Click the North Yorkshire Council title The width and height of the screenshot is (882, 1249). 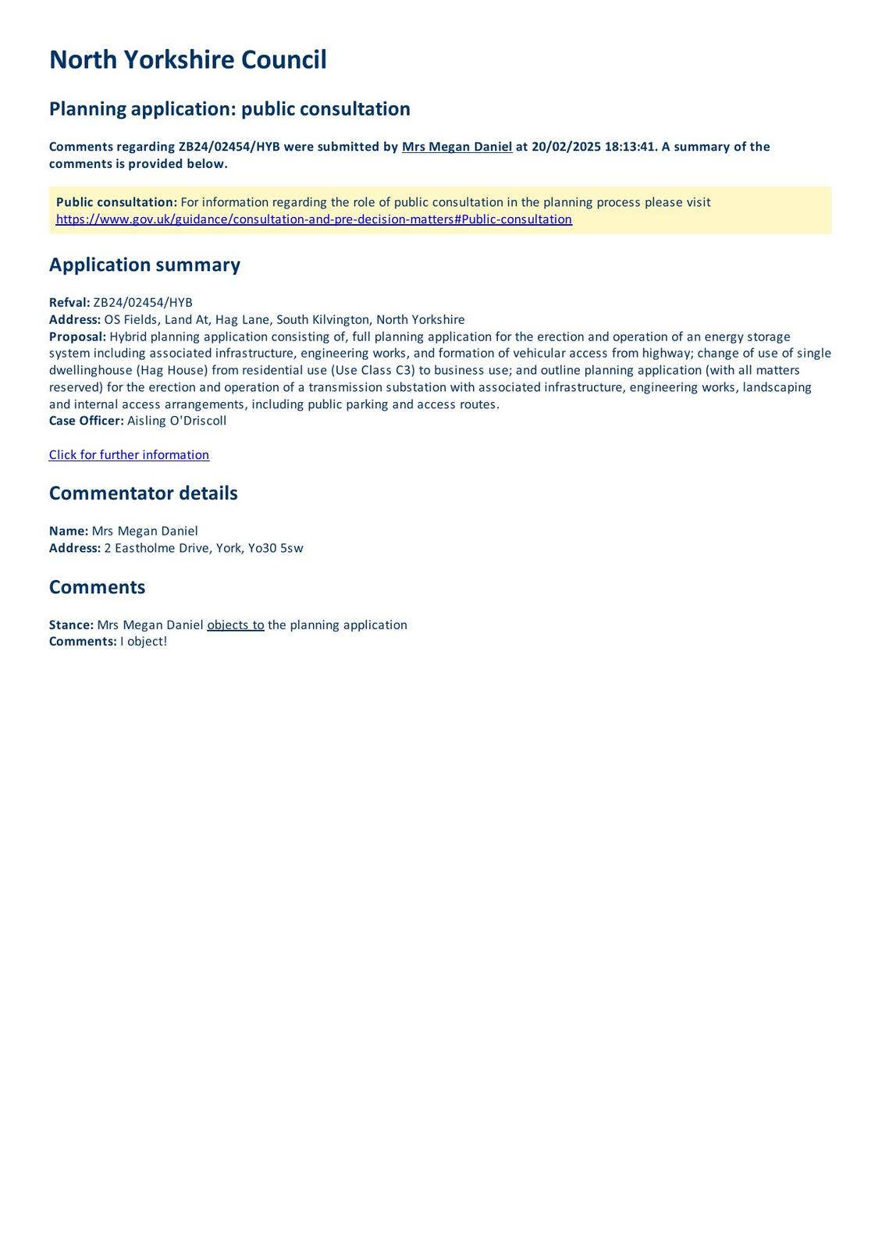[187, 60]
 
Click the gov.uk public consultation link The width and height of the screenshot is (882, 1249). [314, 219]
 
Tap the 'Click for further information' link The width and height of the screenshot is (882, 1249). [129, 455]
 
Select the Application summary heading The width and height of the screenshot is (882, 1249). [144, 265]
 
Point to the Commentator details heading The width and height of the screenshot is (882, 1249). [143, 493]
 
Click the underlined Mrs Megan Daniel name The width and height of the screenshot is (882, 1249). [457, 147]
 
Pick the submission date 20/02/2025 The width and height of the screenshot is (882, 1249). [566, 147]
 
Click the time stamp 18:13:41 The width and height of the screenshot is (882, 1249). [630, 147]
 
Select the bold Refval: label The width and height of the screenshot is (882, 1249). [69, 303]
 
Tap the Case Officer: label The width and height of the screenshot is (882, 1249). [86, 421]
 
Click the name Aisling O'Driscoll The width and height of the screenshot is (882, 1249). [176, 421]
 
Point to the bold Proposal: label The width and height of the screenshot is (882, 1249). [77, 336]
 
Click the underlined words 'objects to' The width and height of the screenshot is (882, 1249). [235, 625]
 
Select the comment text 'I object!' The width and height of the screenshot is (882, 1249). [144, 642]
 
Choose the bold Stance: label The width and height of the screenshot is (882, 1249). [71, 625]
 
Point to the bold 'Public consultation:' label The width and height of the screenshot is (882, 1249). [116, 202]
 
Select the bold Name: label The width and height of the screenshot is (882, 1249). [69, 532]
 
